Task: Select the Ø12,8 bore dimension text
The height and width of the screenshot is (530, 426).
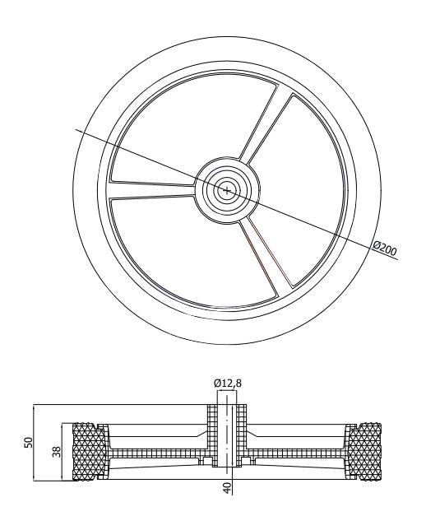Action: (228, 382)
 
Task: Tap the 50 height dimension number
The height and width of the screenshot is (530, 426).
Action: (28, 443)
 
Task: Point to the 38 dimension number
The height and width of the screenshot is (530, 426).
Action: (57, 451)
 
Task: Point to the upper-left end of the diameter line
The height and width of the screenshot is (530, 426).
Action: (77, 128)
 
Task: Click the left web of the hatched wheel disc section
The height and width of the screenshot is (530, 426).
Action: (156, 453)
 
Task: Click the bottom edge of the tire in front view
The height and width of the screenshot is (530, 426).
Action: (227, 338)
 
